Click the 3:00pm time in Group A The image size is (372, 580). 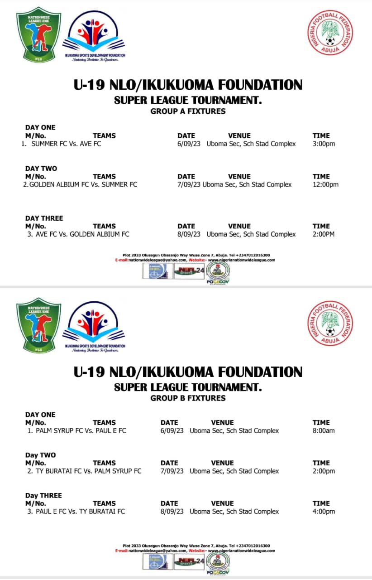[324, 144]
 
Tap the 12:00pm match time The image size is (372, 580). [325, 185]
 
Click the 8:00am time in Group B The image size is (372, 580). [324, 431]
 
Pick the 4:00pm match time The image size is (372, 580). [324, 512]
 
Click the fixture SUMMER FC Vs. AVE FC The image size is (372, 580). [66, 144]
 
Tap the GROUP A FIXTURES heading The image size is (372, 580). [188, 111]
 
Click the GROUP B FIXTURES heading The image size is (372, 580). [188, 399]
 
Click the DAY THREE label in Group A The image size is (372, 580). [44, 218]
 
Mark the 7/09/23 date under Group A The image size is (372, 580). [189, 185]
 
